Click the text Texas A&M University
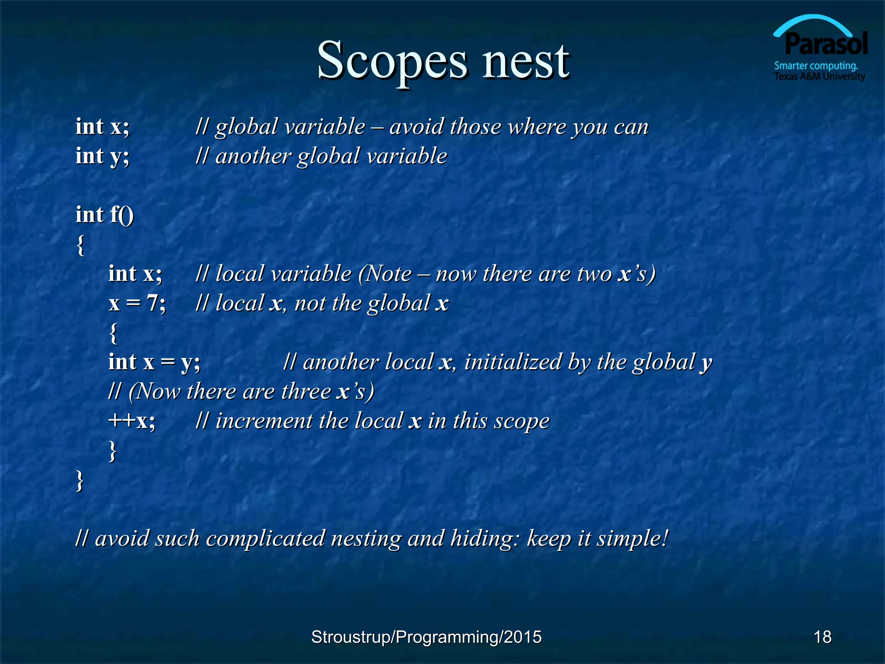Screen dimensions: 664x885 pyautogui.click(x=819, y=77)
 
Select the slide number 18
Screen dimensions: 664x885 pyautogui.click(x=822, y=637)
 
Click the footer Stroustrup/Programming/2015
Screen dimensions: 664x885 pyautogui.click(x=426, y=637)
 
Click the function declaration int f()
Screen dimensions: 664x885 pyautogui.click(x=105, y=215)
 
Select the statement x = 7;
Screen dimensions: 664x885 pyautogui.click(x=137, y=303)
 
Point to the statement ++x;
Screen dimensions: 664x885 pyautogui.click(x=132, y=421)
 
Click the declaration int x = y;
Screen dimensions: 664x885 pyautogui.click(x=154, y=362)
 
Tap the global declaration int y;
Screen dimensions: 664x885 pyautogui.click(x=102, y=156)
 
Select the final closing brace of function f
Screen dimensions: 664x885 pyautogui.click(x=80, y=480)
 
